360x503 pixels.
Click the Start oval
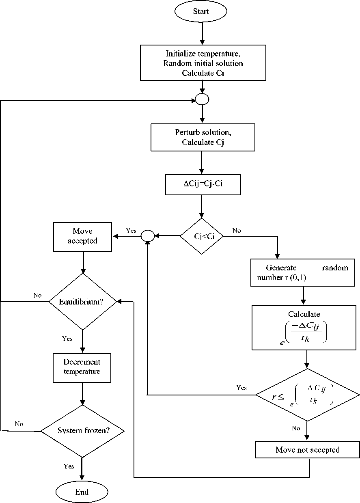pyautogui.click(x=200, y=12)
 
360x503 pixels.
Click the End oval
pyautogui.click(x=82, y=492)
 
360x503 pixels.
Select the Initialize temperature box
pyautogui.click(x=203, y=63)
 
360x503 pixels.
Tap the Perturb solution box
pyautogui.click(x=203, y=138)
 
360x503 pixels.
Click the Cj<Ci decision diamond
pyautogui.click(x=202, y=236)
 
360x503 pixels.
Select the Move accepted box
pyautogui.click(x=82, y=236)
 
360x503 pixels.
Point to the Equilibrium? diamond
pyautogui.click(x=83, y=302)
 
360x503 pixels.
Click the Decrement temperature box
pyautogui.click(x=82, y=367)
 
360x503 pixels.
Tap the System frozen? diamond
pyautogui.click(x=83, y=431)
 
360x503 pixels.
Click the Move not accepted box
pyautogui.click(x=307, y=449)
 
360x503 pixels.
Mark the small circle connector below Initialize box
pyautogui.click(x=202, y=99)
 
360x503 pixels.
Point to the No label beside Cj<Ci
pyautogui.click(x=237, y=231)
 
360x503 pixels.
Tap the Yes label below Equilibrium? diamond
pyautogui.click(x=67, y=339)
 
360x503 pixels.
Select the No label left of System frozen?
pyautogui.click(x=19, y=424)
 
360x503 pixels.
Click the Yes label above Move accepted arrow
pyautogui.click(x=131, y=231)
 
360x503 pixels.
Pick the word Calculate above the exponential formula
pyautogui.click(x=304, y=314)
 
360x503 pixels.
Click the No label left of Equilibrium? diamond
pyautogui.click(x=37, y=295)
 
